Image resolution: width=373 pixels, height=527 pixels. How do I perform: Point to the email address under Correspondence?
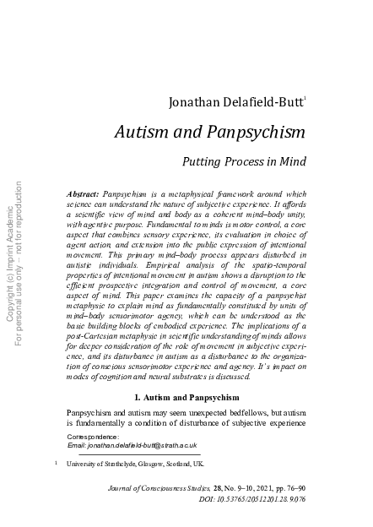[132, 445]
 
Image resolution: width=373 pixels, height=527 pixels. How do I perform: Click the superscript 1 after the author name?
[305, 101]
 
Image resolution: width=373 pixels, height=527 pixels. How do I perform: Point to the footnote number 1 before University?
[55, 463]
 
